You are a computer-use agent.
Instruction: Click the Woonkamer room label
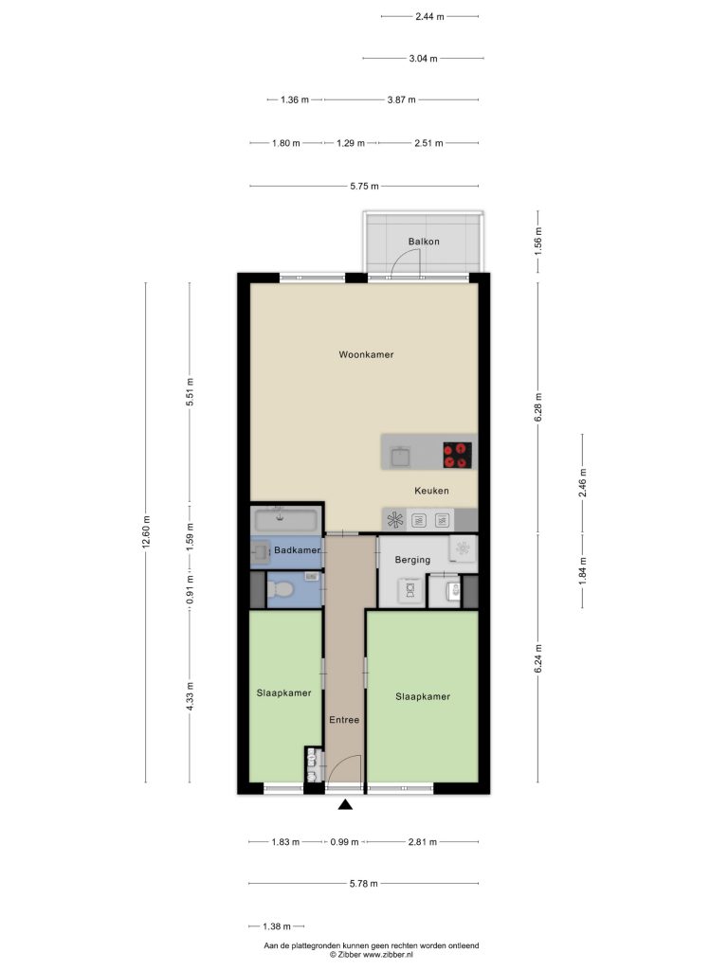[x=366, y=354]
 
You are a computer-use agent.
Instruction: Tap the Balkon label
[x=424, y=242]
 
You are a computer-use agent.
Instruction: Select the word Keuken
[x=431, y=491]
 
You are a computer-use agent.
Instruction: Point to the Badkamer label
[x=297, y=550]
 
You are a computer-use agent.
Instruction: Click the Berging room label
[x=412, y=560]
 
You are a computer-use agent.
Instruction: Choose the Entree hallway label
[x=344, y=720]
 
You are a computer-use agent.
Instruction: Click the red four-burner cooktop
[x=458, y=455]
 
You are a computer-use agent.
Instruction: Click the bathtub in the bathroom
[x=286, y=519]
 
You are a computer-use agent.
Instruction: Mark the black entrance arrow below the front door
[x=345, y=804]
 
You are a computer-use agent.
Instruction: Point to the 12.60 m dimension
[x=146, y=532]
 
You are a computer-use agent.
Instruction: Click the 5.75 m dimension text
[x=364, y=186]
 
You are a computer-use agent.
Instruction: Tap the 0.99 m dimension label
[x=344, y=842]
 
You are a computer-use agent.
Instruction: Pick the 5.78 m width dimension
[x=363, y=884]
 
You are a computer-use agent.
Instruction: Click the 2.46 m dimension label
[x=583, y=483]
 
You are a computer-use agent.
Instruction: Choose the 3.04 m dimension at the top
[x=423, y=58]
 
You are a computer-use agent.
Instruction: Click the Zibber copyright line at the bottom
[x=372, y=955]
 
